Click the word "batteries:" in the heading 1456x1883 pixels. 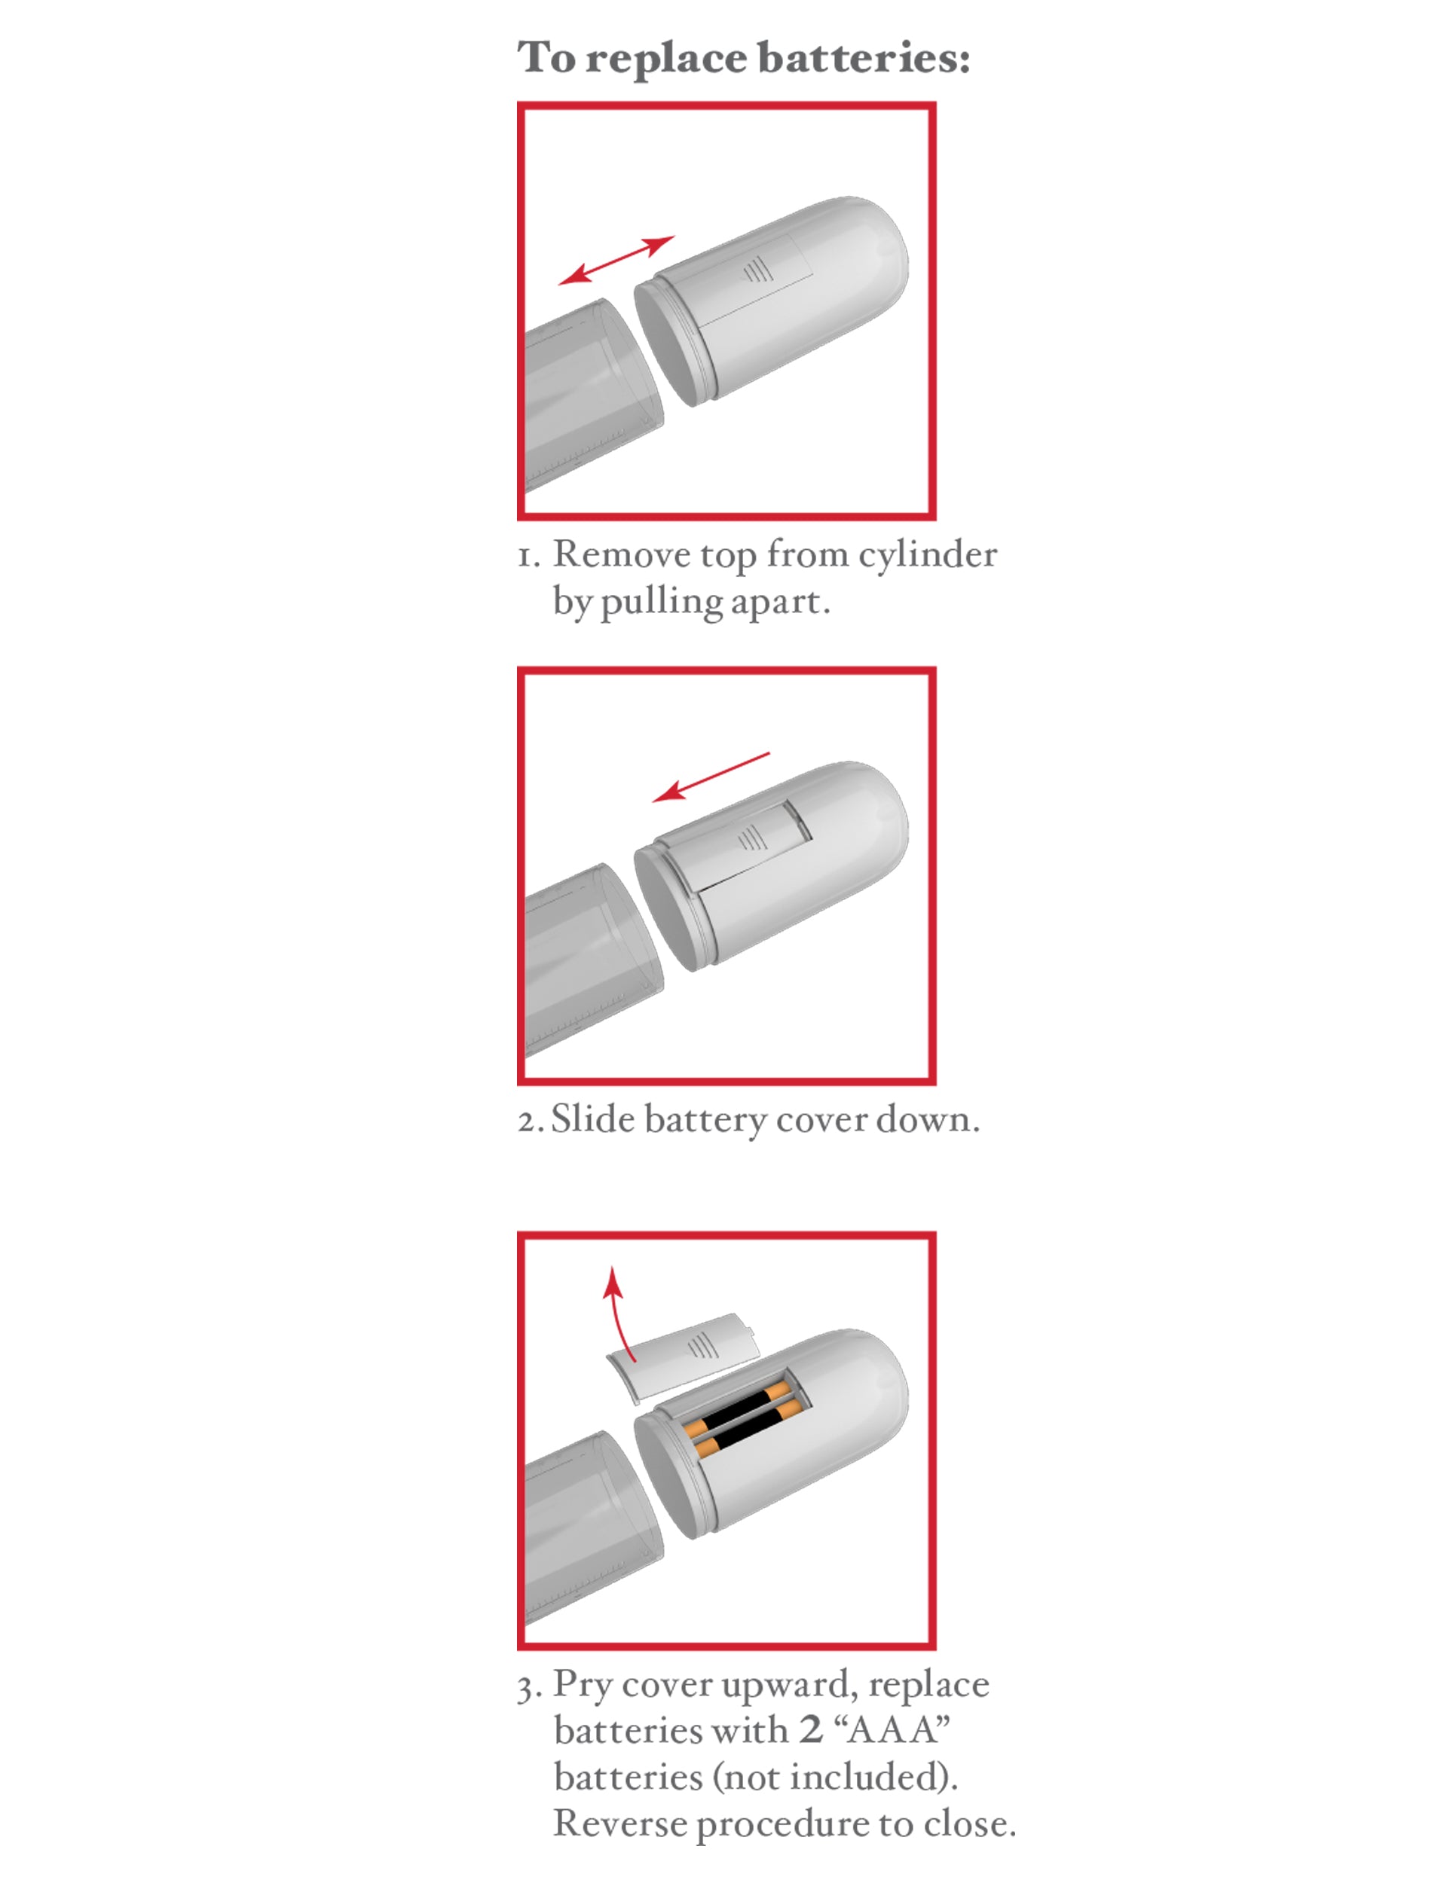pos(864,59)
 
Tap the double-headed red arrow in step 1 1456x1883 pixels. pos(616,261)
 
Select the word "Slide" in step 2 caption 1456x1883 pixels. pos(592,1119)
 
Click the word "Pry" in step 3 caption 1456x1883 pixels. pos(583,1686)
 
